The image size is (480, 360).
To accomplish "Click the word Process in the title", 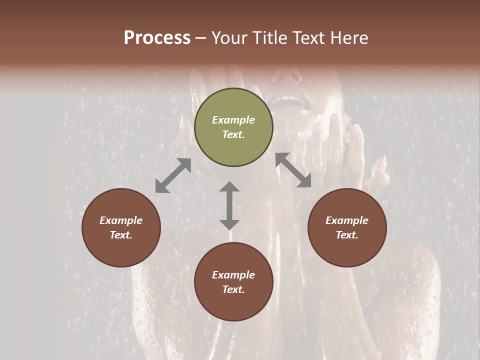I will (157, 38).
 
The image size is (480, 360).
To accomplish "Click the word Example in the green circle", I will (233, 120).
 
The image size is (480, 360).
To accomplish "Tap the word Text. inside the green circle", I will (233, 134).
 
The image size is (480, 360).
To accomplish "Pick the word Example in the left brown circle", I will (121, 220).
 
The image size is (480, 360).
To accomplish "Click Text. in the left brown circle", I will (121, 235).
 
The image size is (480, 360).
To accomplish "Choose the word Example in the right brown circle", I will (347, 220).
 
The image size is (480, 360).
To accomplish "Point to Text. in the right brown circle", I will (347, 235).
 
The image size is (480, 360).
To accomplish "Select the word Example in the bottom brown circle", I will (233, 275).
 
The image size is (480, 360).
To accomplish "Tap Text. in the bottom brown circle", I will (233, 289).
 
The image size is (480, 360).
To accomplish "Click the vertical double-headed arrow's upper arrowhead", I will (229, 187).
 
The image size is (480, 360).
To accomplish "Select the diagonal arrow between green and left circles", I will (173, 175).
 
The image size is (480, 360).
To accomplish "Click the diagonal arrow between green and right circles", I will (293, 170).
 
